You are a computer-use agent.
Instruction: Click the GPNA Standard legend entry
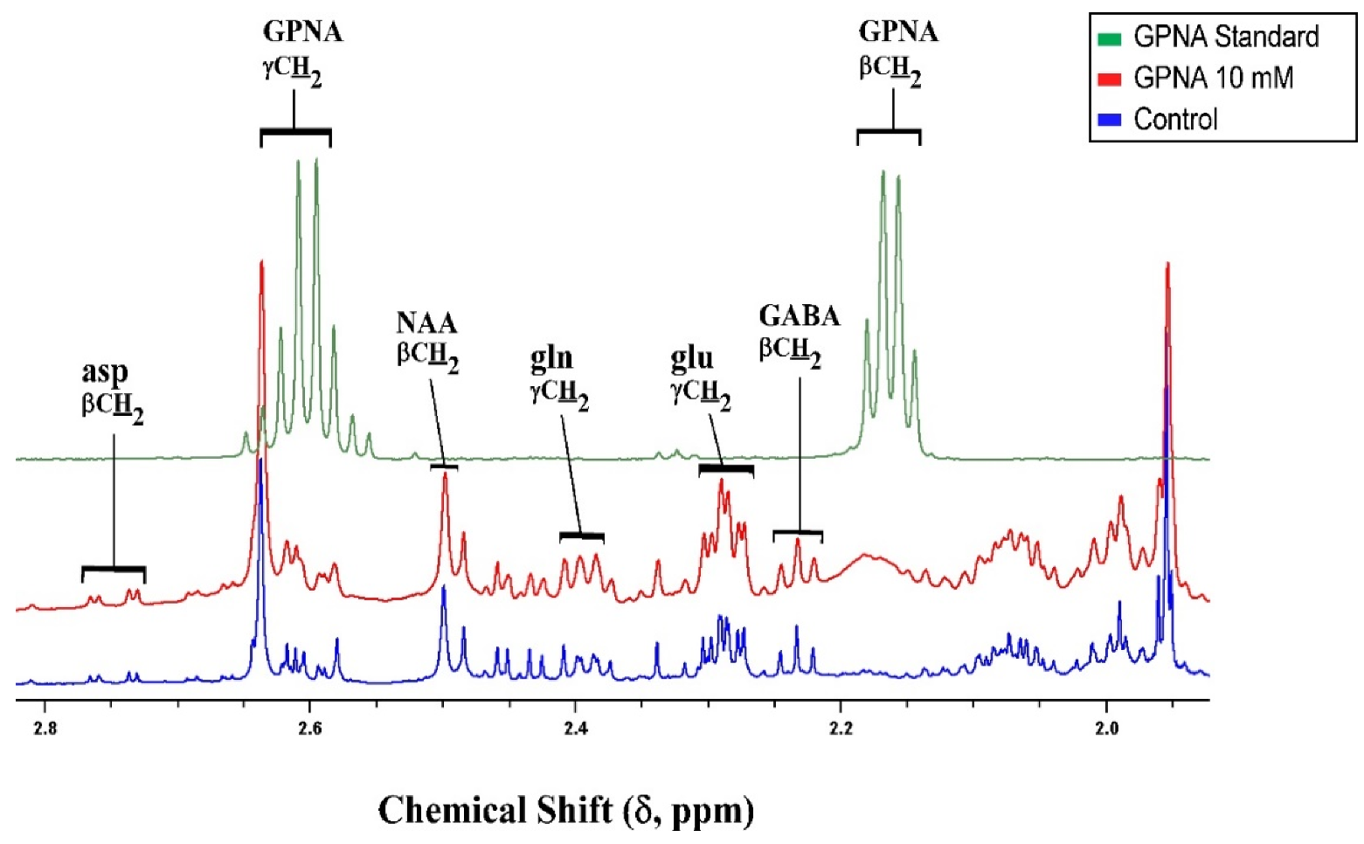(x=1224, y=37)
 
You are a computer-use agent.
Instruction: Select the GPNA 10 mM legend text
(x=1213, y=78)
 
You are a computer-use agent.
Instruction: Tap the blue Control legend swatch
(x=1110, y=120)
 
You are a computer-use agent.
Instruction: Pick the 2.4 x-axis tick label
(x=575, y=730)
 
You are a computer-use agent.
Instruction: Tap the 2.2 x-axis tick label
(x=841, y=730)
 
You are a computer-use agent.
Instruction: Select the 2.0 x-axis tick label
(x=1106, y=730)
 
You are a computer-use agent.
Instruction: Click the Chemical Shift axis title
(x=565, y=810)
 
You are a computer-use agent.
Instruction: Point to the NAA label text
(x=426, y=323)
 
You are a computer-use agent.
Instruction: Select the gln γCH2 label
(x=557, y=375)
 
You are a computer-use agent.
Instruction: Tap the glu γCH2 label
(x=699, y=375)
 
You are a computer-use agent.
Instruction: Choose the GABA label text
(x=799, y=315)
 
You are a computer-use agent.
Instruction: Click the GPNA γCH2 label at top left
(x=301, y=51)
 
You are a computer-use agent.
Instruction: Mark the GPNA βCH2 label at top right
(x=897, y=51)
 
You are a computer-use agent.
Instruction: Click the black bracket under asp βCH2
(x=114, y=570)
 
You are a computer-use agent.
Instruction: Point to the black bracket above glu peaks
(x=726, y=470)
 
